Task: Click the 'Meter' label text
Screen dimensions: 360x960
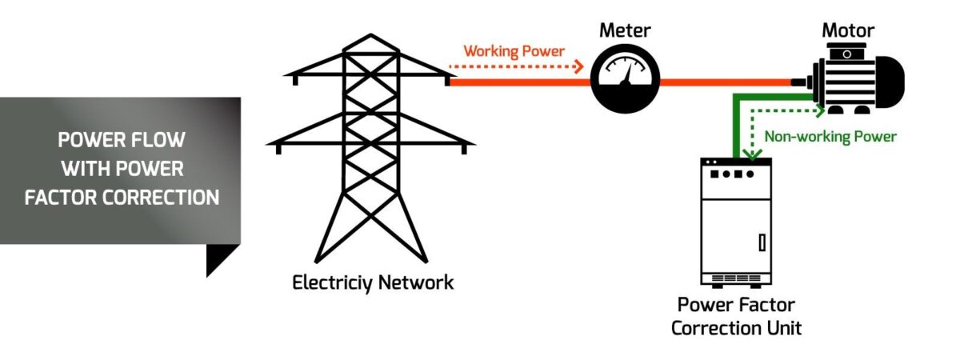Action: tap(625, 31)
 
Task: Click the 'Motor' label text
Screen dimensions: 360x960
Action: tap(848, 31)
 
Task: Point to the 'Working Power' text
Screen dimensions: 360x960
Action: tap(514, 51)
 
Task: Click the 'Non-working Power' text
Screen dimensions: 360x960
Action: tap(830, 137)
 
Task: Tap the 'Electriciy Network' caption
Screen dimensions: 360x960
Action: tap(373, 282)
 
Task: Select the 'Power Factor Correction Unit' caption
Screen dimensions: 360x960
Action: tap(736, 316)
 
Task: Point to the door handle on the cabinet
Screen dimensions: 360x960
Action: tap(761, 241)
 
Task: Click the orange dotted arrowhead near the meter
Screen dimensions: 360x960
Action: tap(580, 68)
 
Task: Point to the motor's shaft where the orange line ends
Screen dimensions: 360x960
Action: tap(800, 82)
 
